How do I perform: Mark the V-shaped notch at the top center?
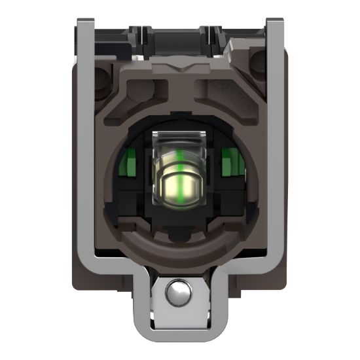(177, 68)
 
